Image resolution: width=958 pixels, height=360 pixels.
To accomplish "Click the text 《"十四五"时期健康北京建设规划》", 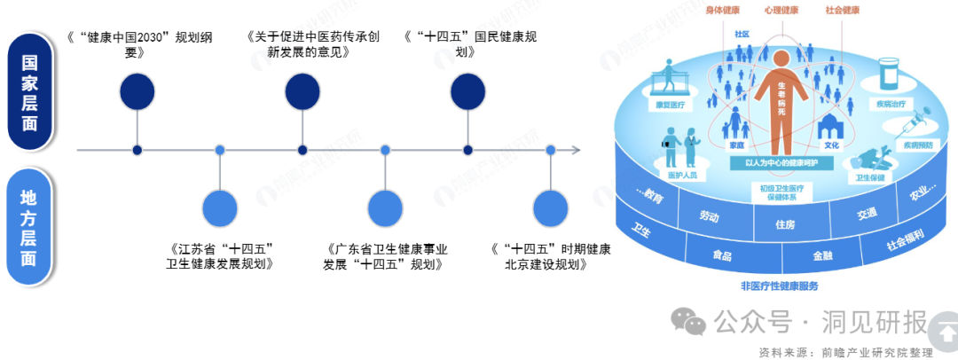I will (551, 257).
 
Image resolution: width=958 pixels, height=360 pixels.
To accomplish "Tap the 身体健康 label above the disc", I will (722, 11).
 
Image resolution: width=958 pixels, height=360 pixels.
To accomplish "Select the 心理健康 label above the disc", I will (781, 11).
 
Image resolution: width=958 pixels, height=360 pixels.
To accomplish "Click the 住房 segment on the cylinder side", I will (784, 224).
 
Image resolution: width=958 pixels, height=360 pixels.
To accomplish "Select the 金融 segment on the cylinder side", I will (822, 255).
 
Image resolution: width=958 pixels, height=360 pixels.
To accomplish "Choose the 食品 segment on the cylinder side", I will (722, 255).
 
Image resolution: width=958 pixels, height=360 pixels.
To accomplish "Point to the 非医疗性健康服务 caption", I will (779, 286).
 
